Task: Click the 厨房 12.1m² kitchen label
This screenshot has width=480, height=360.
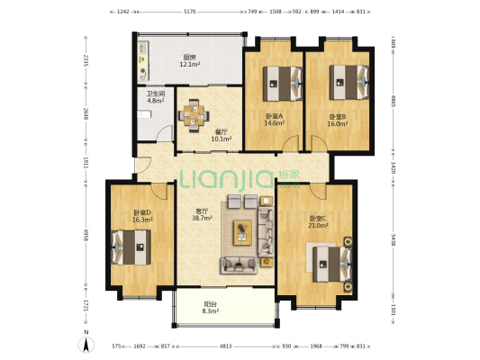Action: (x=188, y=60)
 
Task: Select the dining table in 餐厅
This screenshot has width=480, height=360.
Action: (x=195, y=115)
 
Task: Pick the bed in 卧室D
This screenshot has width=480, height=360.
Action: (x=131, y=246)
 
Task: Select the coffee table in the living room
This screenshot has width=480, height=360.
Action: (x=243, y=232)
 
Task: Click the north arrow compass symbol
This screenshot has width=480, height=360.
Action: (x=85, y=341)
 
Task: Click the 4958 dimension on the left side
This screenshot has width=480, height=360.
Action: (x=86, y=236)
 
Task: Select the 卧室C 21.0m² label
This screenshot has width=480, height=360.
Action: (x=319, y=221)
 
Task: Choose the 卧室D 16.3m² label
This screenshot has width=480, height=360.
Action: (x=142, y=215)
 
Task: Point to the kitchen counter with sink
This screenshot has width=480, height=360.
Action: (x=144, y=63)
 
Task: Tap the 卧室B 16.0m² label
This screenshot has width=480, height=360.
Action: (x=339, y=119)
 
